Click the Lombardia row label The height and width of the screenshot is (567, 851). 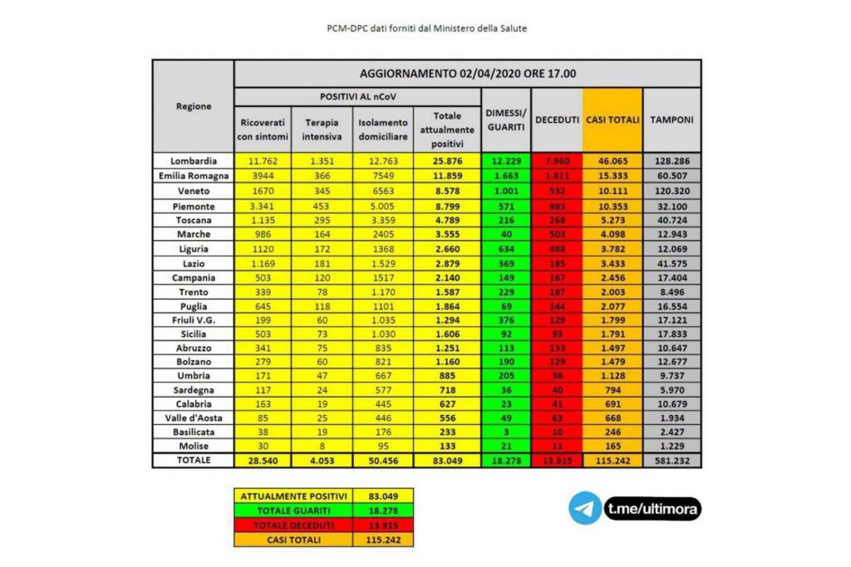193,161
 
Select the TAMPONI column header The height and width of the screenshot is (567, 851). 672,120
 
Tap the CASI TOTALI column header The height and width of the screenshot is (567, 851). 612,120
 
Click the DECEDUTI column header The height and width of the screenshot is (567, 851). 557,120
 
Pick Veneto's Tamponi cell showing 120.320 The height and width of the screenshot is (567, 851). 672,190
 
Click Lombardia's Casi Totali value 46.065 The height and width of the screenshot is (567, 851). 612,161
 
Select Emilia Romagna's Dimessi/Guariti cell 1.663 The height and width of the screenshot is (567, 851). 506,176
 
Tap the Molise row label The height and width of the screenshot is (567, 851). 193,445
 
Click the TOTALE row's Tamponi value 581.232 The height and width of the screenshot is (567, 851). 672,460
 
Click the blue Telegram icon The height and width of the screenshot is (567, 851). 585,508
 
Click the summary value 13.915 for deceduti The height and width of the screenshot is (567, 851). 383,524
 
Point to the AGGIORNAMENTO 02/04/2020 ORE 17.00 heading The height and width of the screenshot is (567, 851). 468,73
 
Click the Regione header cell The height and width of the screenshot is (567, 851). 193,106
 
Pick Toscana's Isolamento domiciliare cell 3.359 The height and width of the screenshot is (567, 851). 383,219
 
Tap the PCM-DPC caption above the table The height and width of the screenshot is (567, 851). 425,28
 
